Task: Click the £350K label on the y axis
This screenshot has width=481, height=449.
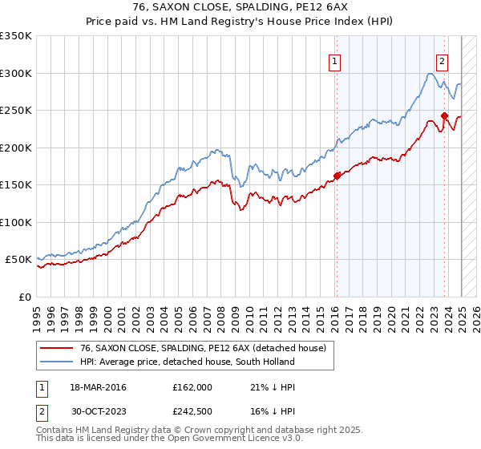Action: [16, 37]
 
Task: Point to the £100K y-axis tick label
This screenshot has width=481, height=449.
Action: [16, 222]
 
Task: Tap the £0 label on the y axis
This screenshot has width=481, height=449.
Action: [24, 297]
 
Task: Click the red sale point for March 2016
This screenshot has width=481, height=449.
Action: [338, 176]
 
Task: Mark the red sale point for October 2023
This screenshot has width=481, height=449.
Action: [444, 115]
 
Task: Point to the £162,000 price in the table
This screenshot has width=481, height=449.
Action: [192, 388]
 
